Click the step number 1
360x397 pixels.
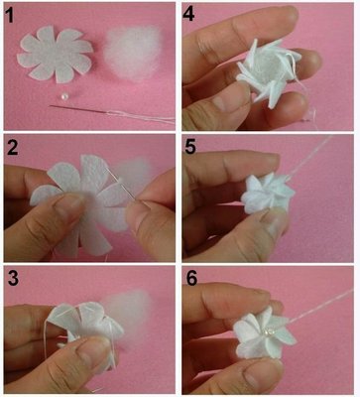pos(11,15)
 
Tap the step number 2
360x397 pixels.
pos(12,148)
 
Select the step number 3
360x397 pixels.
pos(13,279)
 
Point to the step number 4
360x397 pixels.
pos(188,14)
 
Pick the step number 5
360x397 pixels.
pos(191,147)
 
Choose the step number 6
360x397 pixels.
pos(191,278)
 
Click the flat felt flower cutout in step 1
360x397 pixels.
pos(56,54)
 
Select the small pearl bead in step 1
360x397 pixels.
pos(62,96)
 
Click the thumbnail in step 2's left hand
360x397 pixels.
pos(69,204)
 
